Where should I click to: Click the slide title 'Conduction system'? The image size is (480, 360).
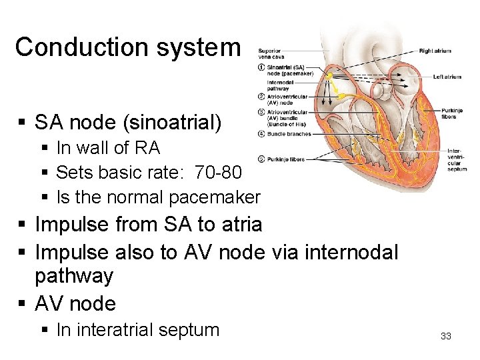(x=127, y=47)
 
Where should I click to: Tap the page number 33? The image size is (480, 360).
(x=446, y=336)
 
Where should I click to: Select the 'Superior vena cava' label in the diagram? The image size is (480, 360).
(x=269, y=54)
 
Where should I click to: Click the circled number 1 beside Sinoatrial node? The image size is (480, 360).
(x=262, y=67)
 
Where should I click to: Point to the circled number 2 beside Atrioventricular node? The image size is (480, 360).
(x=262, y=95)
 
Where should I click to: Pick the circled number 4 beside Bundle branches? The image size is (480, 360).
(x=262, y=134)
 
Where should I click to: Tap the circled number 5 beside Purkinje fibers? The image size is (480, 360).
(x=262, y=159)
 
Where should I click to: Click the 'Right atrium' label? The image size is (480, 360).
(x=435, y=51)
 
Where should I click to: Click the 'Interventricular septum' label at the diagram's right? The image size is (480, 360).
(x=457, y=160)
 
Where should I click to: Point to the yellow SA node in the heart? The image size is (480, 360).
(x=329, y=76)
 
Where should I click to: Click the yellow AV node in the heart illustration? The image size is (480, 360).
(x=342, y=97)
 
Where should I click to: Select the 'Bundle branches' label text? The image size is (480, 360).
(x=289, y=134)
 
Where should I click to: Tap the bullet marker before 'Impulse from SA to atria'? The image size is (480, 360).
(x=23, y=225)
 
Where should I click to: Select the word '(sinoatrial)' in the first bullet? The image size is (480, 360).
(x=196, y=122)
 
